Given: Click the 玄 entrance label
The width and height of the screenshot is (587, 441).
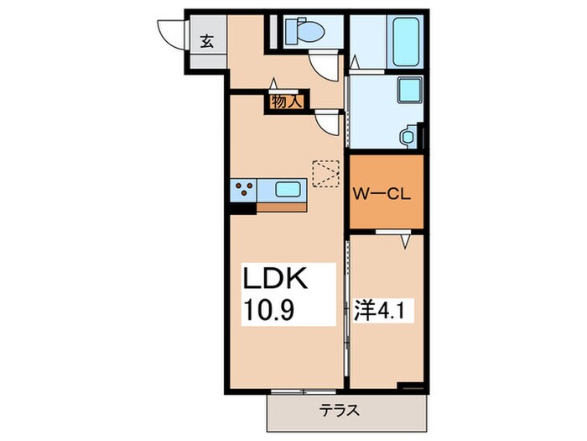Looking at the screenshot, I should tap(205, 39).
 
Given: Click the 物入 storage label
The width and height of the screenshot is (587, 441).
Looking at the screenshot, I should tap(286, 101).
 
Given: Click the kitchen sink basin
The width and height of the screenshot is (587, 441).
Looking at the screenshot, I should tap(289, 190).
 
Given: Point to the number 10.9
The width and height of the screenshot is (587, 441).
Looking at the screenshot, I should tap(273, 311).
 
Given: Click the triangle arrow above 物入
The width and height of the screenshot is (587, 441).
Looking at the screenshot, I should tap(273, 83).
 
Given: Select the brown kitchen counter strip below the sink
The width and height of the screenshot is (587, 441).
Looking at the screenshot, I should tap(281, 205).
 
